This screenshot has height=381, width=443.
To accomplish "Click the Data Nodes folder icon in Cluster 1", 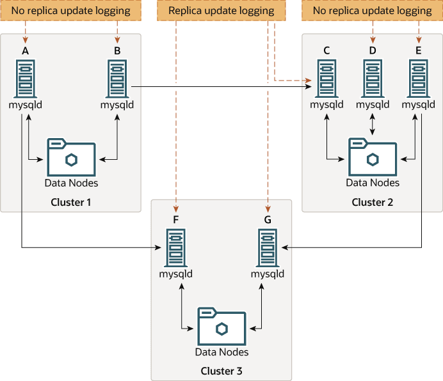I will (x=71, y=155).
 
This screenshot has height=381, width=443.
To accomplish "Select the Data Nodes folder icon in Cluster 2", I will (x=373, y=155).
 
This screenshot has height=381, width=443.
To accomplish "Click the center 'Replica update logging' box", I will (x=221, y=11).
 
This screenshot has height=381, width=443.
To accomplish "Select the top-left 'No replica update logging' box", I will (x=71, y=11).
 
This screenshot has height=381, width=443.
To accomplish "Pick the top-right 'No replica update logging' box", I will (x=372, y=11).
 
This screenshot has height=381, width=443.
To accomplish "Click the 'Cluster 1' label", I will (x=71, y=202).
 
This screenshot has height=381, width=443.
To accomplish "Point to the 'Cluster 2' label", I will (x=373, y=202).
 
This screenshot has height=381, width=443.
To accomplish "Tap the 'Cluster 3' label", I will (x=221, y=371).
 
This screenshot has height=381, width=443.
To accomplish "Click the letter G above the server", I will (x=268, y=219).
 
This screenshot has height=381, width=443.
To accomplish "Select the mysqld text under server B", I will (x=117, y=105).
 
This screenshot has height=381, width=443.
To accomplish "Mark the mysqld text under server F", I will (x=176, y=274).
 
